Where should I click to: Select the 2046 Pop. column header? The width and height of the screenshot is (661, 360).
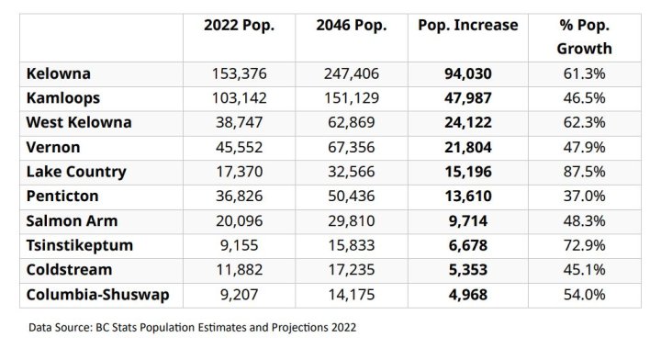(349, 25)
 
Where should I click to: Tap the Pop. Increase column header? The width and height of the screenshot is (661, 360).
(467, 25)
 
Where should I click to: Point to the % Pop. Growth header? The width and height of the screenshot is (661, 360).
(584, 37)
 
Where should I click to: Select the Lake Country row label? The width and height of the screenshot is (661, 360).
(76, 172)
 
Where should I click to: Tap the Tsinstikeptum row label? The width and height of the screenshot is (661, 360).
(81, 245)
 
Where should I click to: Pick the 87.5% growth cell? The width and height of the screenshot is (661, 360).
(584, 172)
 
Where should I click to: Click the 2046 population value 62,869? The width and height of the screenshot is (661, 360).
(349, 123)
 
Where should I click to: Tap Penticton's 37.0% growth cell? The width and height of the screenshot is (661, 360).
(584, 197)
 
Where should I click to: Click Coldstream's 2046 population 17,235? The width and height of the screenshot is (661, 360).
(349, 270)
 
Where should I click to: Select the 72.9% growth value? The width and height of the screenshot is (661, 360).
(584, 245)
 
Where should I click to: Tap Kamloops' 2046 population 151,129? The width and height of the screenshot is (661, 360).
(349, 98)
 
